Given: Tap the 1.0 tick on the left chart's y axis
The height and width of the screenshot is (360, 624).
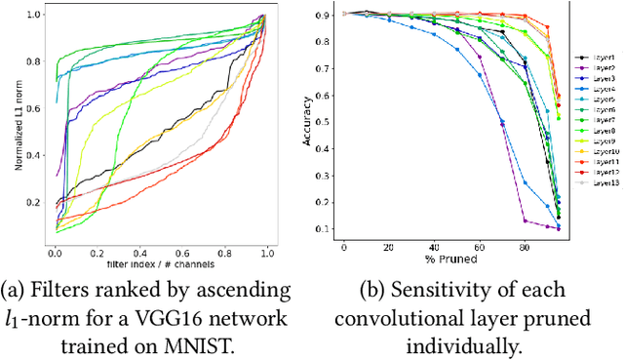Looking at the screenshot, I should tap(36, 16).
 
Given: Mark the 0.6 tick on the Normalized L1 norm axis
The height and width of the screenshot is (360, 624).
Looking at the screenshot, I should tap(36, 109).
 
